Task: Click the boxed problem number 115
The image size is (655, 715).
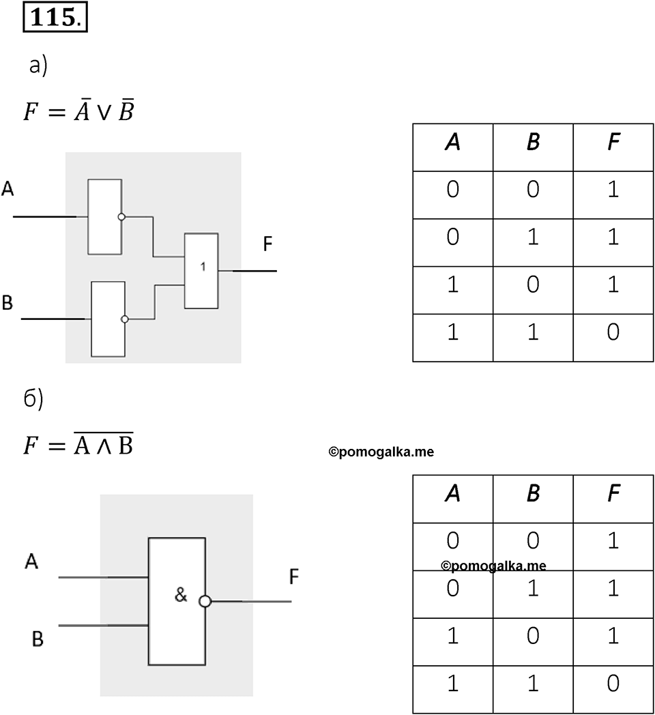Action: point(55,18)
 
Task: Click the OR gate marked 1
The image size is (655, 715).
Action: point(201,271)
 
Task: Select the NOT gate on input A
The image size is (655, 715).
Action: point(105,216)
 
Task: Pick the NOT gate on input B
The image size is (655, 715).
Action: point(108,319)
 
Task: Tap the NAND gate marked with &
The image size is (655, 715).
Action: point(177,602)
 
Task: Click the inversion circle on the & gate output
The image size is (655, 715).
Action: point(205,602)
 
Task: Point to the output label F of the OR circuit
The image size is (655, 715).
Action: point(267,244)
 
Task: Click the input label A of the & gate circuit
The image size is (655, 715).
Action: point(31,561)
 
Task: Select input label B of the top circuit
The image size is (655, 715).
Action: point(8,303)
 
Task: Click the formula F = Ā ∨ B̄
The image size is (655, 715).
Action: point(78,109)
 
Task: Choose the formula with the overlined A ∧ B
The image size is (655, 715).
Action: point(78,443)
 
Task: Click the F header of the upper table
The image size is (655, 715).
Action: point(613,143)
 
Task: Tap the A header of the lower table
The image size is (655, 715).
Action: point(452,494)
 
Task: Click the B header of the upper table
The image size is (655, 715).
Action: point(533,143)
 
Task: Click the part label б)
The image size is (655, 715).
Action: point(33,400)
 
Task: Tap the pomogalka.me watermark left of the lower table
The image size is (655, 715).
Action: point(381,452)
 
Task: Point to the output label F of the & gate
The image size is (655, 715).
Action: point(294,577)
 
